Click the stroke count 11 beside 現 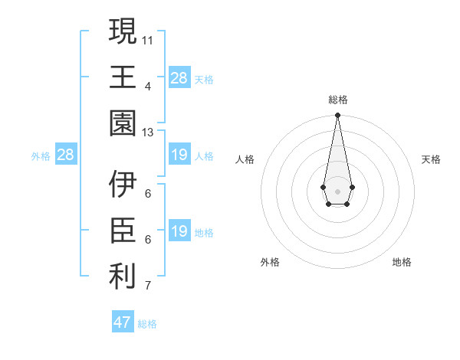[148, 38]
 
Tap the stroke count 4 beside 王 [148, 85]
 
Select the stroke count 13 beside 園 [148, 132]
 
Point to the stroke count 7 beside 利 [148, 286]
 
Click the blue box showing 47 [123, 322]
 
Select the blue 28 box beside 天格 [179, 78]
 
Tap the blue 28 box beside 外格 [66, 155]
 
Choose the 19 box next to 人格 [179, 155]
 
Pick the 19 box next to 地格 [179, 232]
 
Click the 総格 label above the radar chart [337, 100]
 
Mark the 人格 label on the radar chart [245, 159]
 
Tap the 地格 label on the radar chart [402, 262]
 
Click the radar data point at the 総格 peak [337, 116]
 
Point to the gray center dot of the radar [337, 191]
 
